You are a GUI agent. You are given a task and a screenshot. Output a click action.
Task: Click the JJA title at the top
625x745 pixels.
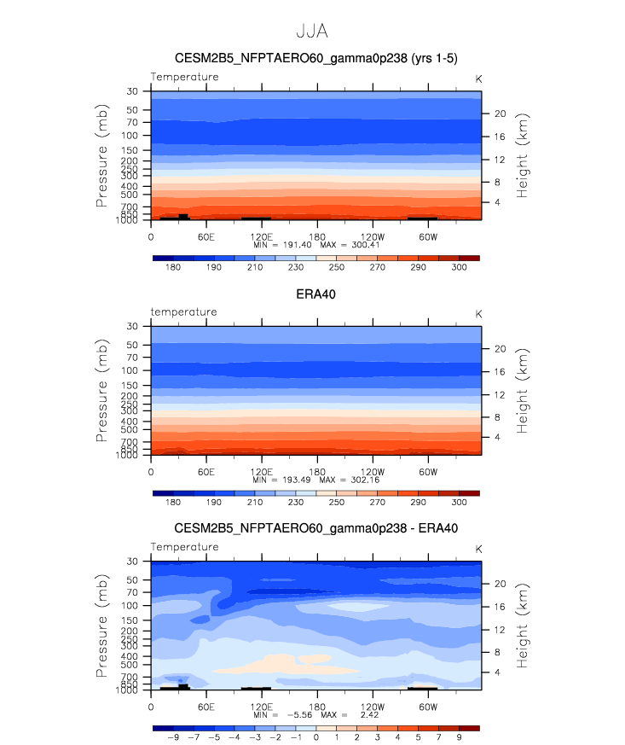[312, 32]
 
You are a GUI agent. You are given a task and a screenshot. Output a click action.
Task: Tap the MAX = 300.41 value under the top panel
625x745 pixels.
[348, 245]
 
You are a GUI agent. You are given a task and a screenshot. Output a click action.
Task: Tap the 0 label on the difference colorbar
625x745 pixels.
[315, 738]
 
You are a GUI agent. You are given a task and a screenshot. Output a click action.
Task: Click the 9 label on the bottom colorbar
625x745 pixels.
[459, 738]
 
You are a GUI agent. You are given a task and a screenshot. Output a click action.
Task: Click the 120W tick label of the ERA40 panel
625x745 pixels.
[372, 472]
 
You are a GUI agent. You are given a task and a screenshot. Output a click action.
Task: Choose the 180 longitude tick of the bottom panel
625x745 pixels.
[316, 707]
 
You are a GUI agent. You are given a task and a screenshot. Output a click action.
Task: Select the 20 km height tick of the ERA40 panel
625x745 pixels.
[500, 348]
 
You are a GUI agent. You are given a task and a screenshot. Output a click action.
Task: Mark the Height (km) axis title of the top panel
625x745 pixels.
[524, 155]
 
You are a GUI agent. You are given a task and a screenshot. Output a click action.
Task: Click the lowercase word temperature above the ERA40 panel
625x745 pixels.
[184, 312]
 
